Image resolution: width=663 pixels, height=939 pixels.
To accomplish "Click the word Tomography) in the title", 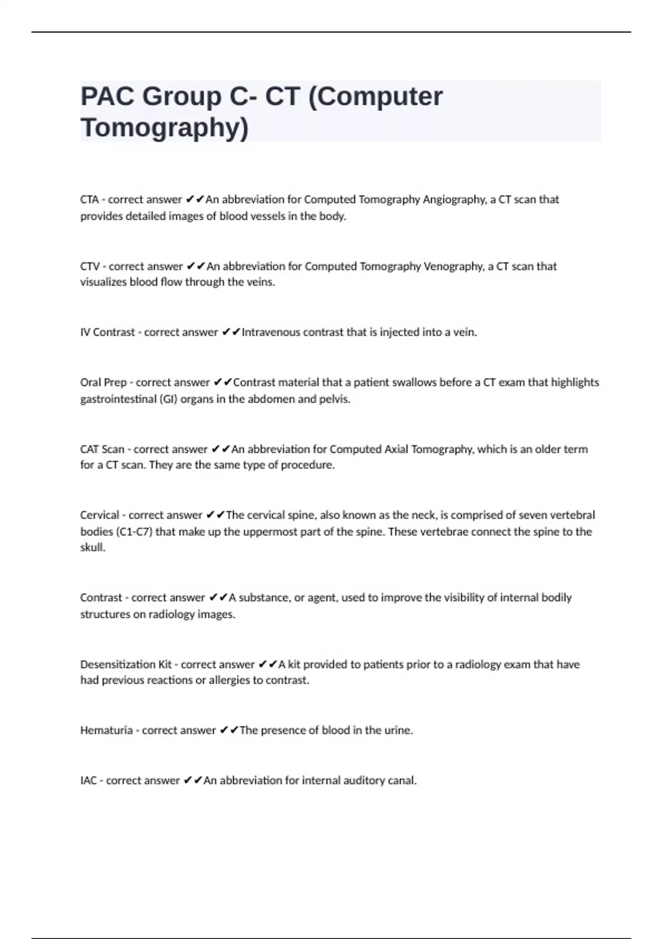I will [x=165, y=128].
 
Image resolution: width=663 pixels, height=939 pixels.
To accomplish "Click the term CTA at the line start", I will [x=90, y=199].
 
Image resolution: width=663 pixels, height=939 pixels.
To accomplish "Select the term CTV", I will [x=90, y=266].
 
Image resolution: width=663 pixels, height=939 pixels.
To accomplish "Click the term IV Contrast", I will [x=107, y=333].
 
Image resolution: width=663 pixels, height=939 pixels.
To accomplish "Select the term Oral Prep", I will [x=103, y=382].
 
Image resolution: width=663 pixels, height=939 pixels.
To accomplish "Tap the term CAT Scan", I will [x=102, y=449].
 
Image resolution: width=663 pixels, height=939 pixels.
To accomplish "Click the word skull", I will [x=92, y=548].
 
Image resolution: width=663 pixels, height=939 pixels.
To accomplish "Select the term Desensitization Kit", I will [x=126, y=664].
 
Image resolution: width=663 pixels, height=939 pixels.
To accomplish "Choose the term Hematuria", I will [x=106, y=730].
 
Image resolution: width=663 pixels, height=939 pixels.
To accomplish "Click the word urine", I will [x=398, y=730].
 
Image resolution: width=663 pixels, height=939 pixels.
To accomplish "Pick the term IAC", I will [x=88, y=780].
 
